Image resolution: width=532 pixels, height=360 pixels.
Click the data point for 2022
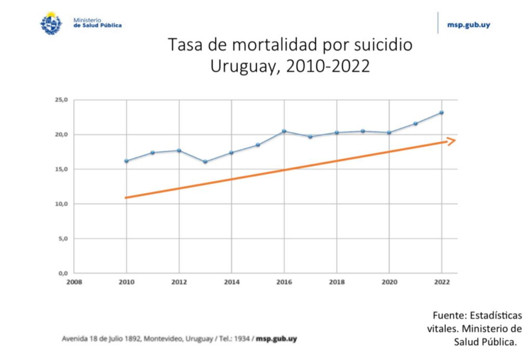[442, 112]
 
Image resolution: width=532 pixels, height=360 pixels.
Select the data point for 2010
[126, 161]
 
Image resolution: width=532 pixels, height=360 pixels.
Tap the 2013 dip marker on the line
[205, 162]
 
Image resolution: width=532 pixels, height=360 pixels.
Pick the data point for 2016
[284, 131]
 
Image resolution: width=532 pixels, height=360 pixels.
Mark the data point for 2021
[415, 124]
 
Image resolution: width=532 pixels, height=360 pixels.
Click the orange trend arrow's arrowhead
[451, 141]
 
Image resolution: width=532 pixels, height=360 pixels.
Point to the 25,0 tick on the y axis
[62, 100]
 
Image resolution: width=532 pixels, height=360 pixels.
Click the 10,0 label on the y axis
[62, 204]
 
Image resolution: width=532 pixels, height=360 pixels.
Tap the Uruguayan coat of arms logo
[51, 23]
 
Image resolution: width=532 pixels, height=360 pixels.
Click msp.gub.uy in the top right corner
[469, 24]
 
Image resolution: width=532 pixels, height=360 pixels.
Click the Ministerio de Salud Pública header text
[97, 23]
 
